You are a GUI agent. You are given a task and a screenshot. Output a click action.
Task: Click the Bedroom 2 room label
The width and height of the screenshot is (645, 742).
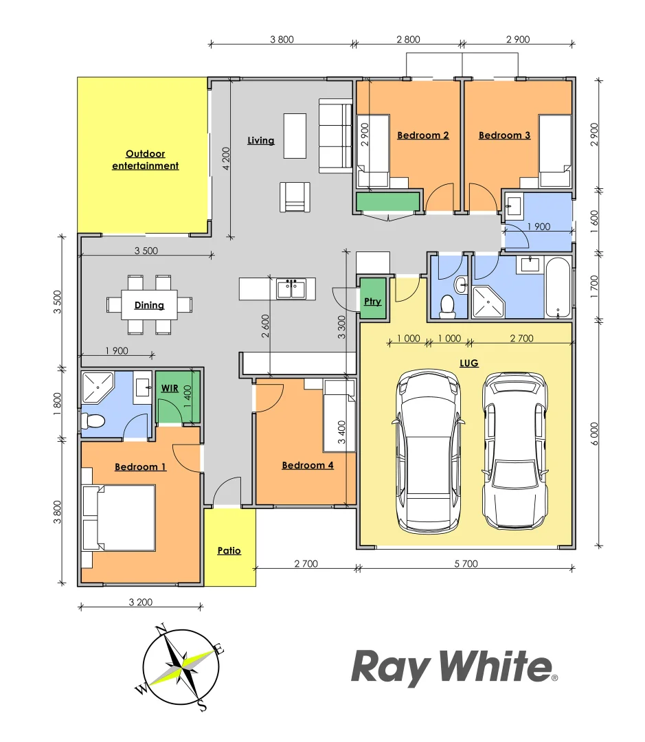coord(422,135)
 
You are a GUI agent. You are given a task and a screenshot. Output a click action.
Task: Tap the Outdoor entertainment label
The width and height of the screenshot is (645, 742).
coord(145,160)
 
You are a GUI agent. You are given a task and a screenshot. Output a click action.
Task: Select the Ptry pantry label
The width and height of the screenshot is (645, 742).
coord(372,301)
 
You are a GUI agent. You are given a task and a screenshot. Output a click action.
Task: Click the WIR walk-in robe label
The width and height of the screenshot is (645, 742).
coord(169,388)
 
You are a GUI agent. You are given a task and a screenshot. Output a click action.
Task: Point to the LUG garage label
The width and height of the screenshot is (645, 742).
coord(469,363)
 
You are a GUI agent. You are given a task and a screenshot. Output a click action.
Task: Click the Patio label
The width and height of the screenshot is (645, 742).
coord(229,550)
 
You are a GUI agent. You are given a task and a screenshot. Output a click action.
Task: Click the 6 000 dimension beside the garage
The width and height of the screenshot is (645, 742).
coord(594,434)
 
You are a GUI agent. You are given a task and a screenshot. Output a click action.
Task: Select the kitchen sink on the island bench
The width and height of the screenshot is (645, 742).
coord(291,289)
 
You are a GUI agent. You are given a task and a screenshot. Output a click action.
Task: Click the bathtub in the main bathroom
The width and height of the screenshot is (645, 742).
coord(558,289)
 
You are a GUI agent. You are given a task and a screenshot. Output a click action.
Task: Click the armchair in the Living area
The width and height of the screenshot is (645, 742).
coord(295,197)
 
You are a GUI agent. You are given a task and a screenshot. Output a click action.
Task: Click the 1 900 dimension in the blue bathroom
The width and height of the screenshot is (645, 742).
coord(538,227)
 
